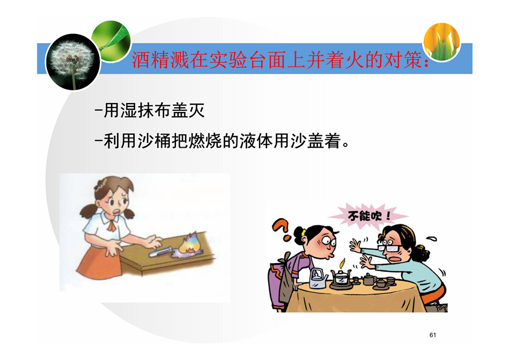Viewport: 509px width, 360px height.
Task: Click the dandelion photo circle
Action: pyautogui.click(x=73, y=62)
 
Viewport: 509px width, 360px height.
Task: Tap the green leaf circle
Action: pyautogui.click(x=112, y=40)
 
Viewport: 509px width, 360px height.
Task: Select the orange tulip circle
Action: pyautogui.click(x=442, y=41)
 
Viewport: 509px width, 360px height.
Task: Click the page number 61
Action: pyautogui.click(x=433, y=335)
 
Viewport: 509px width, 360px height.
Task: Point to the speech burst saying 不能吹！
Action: pyautogui.click(x=368, y=216)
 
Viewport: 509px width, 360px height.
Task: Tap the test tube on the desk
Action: pyautogui.click(x=161, y=251)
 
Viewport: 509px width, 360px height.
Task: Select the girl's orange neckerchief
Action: pyautogui.click(x=111, y=224)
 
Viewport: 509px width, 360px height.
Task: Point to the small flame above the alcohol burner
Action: pyautogui.click(x=342, y=262)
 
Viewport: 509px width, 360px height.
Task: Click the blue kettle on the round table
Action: pyautogui.click(x=318, y=278)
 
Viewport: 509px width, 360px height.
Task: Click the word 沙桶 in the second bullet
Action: pyautogui.click(x=154, y=142)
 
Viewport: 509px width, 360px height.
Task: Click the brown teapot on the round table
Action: pyautogui.click(x=369, y=278)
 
